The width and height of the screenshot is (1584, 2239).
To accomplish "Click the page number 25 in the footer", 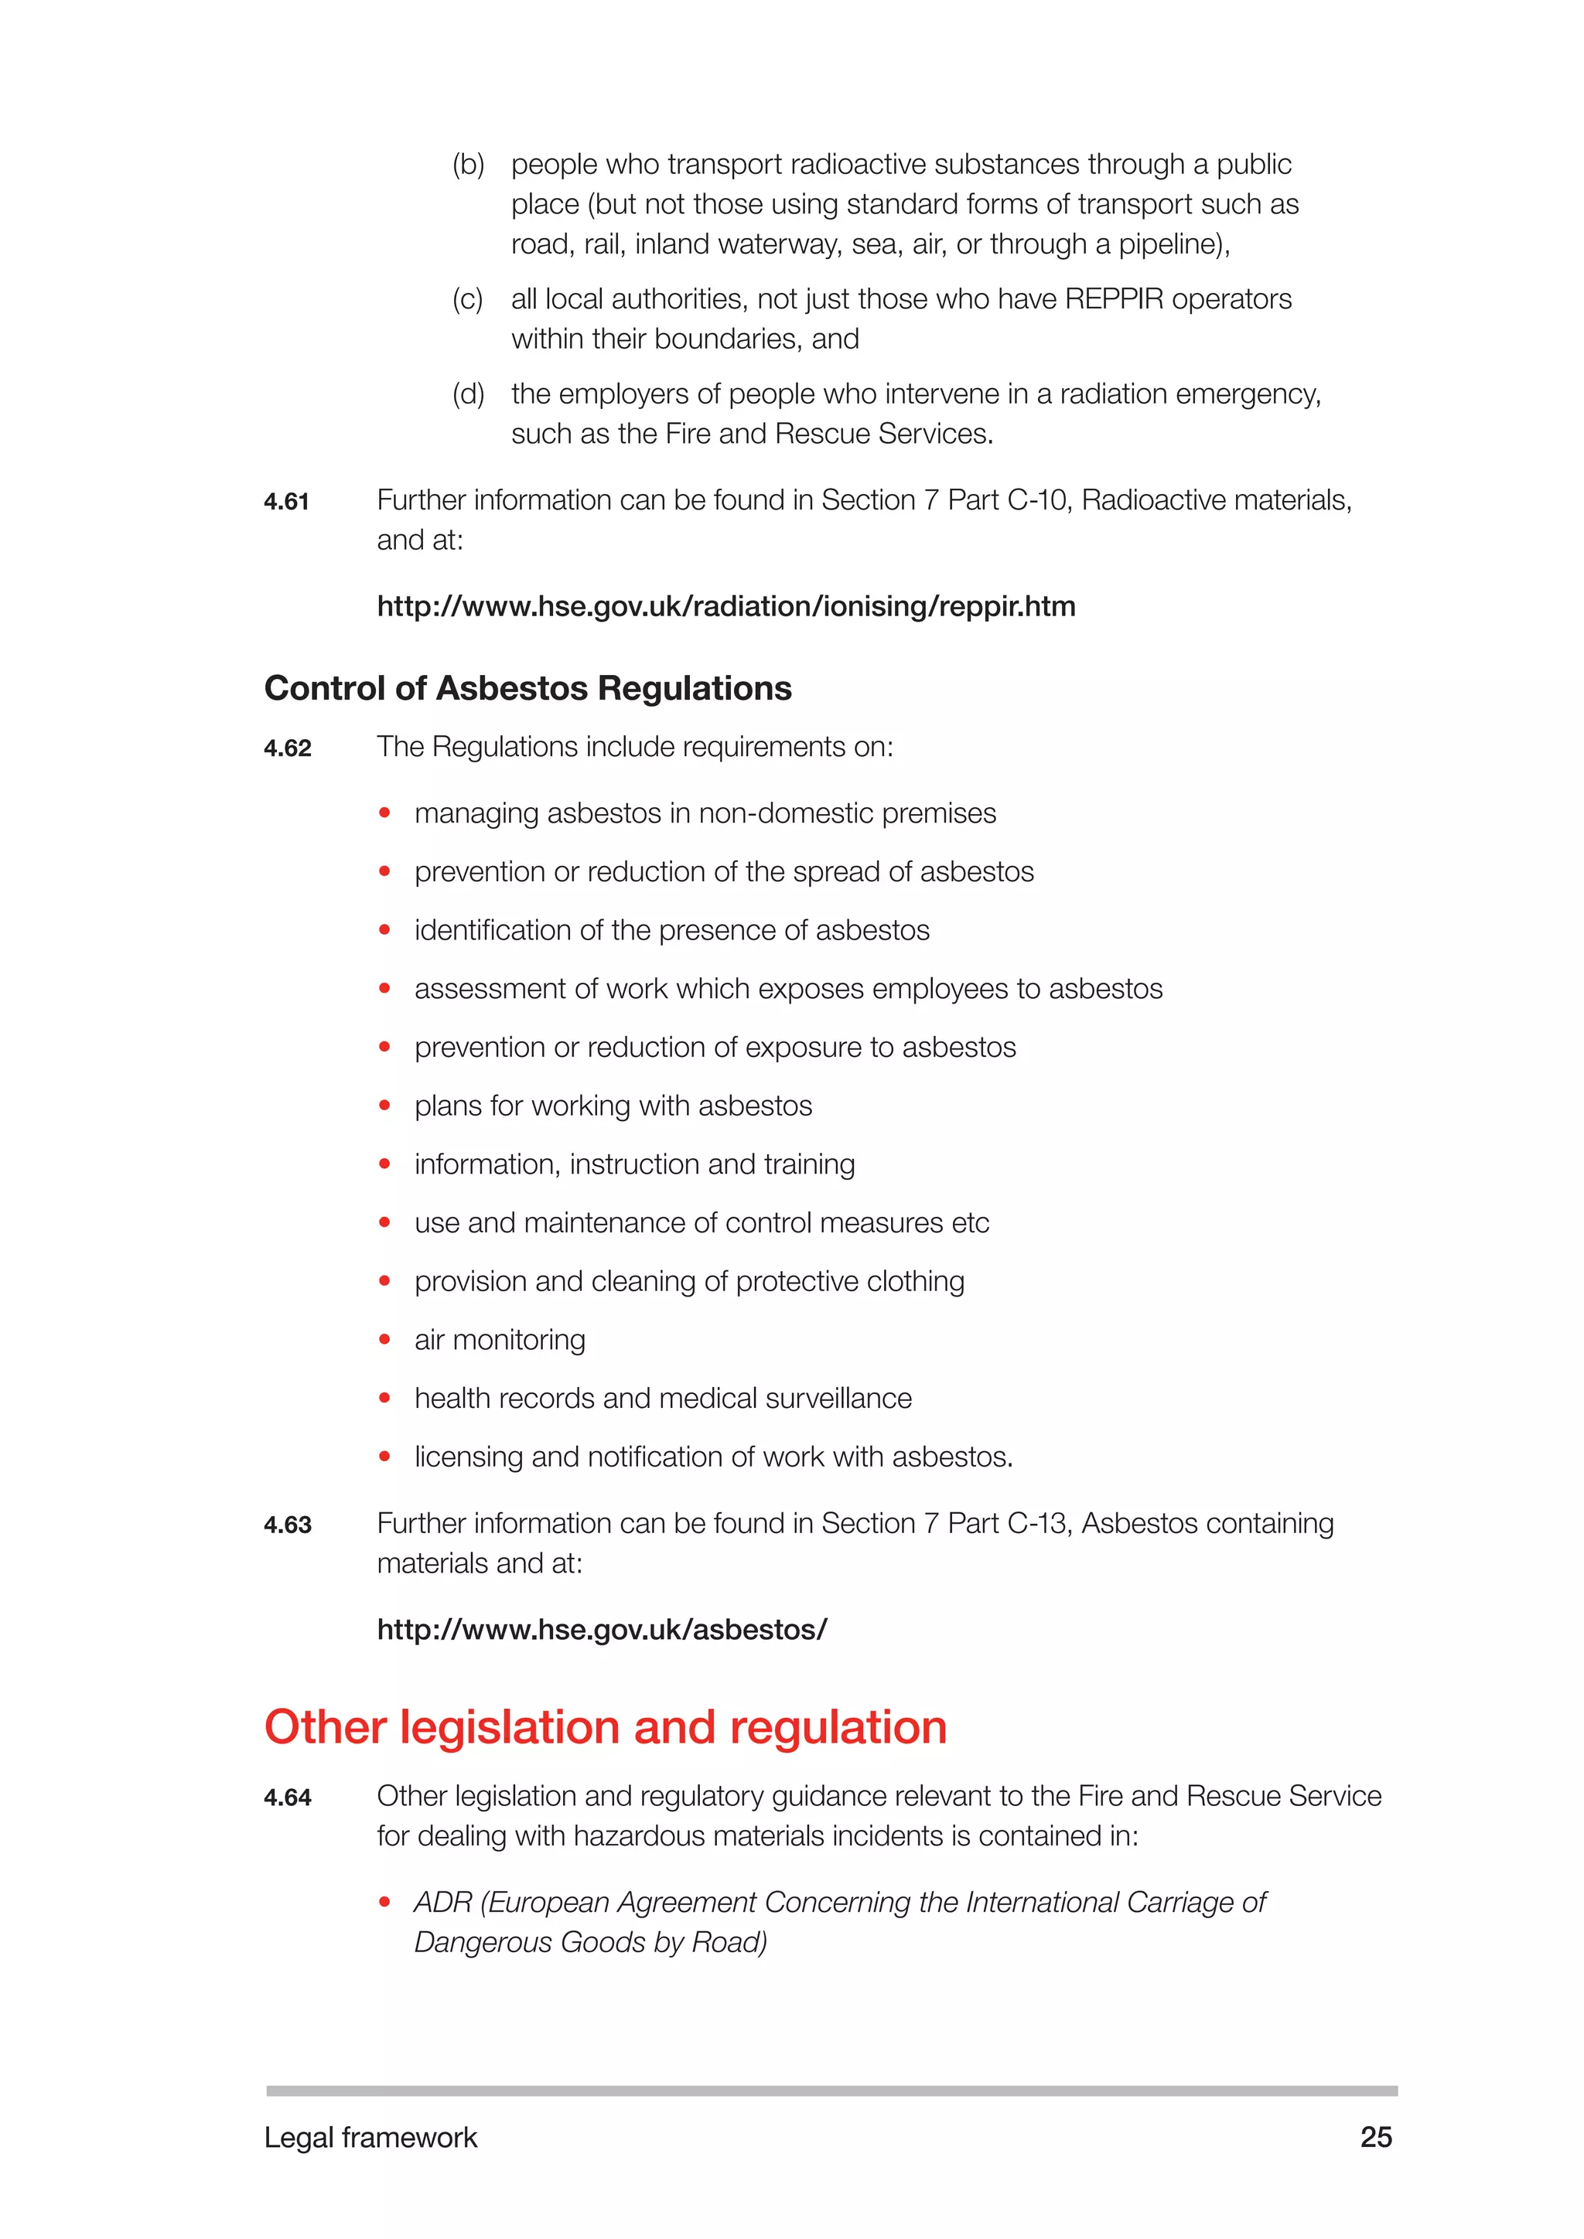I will coord(1375,2137).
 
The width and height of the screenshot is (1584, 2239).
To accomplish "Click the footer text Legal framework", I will coord(370,2138).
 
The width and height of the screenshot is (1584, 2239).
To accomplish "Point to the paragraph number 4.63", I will coord(288,1524).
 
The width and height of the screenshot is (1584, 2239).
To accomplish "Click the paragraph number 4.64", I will coord(288,1798).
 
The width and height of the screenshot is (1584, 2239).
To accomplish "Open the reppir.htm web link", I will coord(725,607).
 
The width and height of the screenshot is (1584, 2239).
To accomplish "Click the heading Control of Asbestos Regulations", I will coord(527,688).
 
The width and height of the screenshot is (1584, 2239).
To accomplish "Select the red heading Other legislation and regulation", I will coord(606,1727).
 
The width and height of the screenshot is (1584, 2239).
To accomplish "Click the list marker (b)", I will coord(468,165).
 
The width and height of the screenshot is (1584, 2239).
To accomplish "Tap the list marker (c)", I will coord(468,299).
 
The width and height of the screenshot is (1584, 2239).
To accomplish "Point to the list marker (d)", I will coord(468,394).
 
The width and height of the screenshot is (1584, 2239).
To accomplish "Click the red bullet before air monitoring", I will coord(384,1340).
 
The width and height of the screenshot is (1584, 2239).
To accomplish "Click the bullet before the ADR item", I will coord(384,1903).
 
